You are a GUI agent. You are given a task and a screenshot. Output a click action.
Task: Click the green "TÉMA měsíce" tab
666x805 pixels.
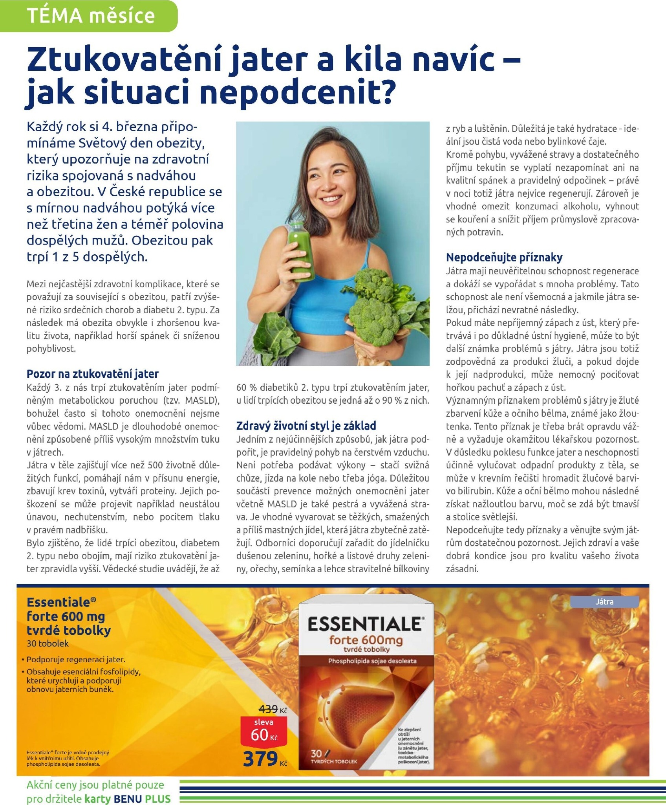[x=91, y=16]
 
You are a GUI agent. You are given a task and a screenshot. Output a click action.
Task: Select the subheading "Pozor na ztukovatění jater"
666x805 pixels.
[x=93, y=373]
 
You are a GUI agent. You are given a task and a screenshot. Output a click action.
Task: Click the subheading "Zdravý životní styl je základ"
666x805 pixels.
[x=306, y=425]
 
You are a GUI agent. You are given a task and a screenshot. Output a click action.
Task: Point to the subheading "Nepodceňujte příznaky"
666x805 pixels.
[x=504, y=257]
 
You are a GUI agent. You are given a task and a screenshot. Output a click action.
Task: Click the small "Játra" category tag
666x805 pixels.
[x=604, y=602]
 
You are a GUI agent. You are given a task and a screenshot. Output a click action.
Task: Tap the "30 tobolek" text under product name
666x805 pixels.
[x=48, y=643]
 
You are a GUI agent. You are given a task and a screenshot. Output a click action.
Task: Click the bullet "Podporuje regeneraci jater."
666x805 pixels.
[x=75, y=660]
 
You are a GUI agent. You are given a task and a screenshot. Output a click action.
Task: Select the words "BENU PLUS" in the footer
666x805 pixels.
[x=142, y=799]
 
